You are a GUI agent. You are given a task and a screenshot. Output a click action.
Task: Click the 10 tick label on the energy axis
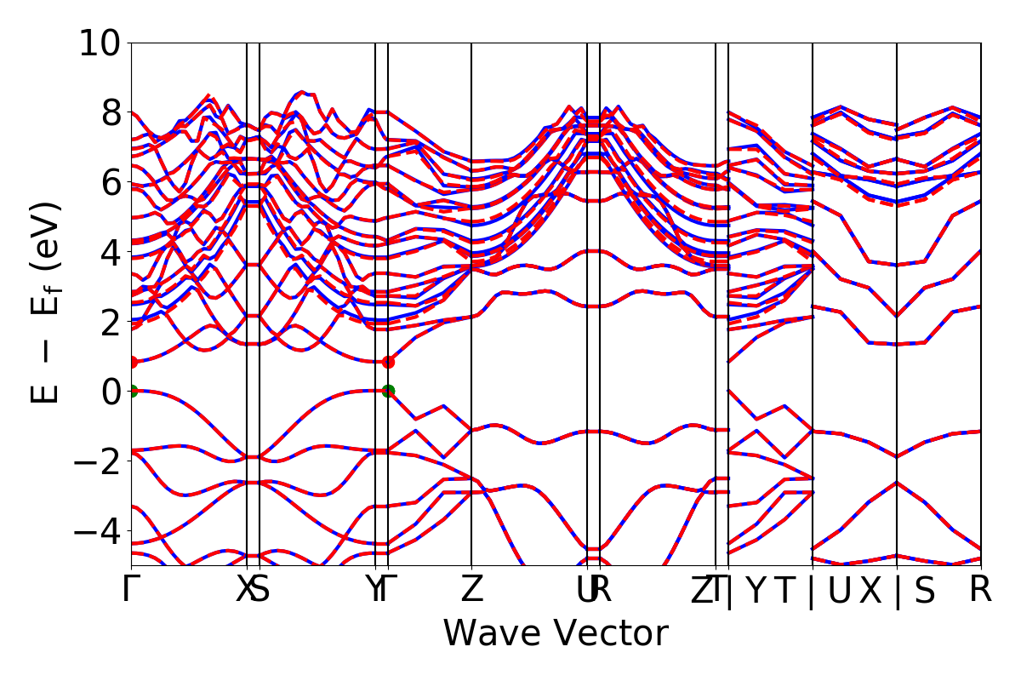point(100,43)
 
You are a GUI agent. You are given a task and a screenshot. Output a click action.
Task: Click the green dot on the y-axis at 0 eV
point(132,391)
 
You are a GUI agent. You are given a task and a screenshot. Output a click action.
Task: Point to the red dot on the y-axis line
point(132,362)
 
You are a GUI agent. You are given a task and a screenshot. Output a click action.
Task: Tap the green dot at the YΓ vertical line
point(388,391)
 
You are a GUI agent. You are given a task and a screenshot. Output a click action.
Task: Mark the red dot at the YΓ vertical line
point(388,362)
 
